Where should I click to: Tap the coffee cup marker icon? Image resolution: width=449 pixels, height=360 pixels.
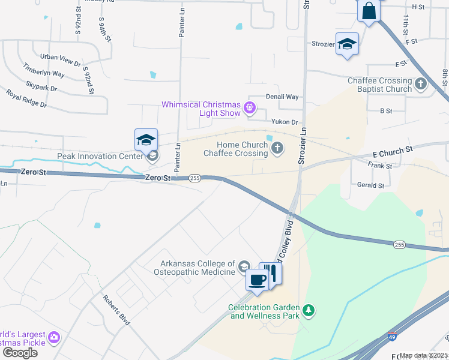(258, 280)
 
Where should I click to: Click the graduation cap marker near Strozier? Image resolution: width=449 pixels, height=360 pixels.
(347, 44)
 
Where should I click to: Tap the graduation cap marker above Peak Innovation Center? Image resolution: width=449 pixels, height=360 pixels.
(146, 140)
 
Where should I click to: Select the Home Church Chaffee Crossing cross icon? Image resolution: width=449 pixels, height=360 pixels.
(277, 148)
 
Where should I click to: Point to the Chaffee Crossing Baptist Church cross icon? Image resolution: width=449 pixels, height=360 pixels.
(421, 85)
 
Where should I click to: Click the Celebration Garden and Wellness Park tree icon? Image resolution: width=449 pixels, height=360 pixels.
(309, 310)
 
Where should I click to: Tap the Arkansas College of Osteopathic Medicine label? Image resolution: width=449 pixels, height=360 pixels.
(197, 268)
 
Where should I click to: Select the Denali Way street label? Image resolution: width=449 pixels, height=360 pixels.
(282, 97)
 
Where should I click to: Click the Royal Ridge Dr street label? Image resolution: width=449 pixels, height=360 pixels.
(26, 98)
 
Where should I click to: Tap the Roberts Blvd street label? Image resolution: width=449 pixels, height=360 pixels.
(116, 310)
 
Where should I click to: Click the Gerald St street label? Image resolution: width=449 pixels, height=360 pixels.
(370, 185)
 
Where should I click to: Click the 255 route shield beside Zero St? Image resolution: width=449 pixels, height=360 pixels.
(194, 178)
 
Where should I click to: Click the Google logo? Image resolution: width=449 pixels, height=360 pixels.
(20, 353)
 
